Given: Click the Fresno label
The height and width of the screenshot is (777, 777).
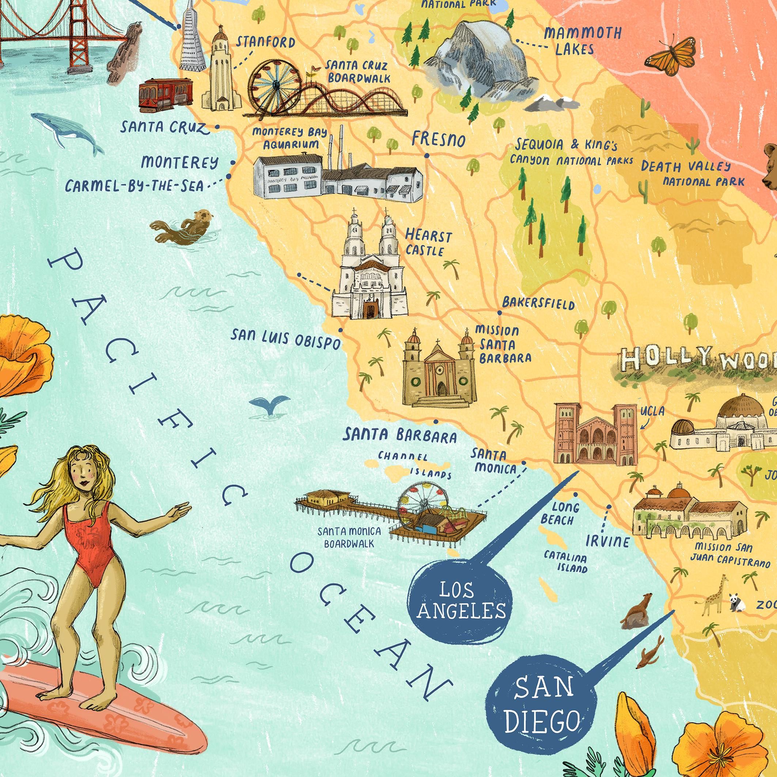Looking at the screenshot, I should pyautogui.click(x=438, y=140).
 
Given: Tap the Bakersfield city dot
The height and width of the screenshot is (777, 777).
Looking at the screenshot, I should pyautogui.click(x=500, y=312).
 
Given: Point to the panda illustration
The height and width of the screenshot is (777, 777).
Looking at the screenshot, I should pyautogui.click(x=738, y=603).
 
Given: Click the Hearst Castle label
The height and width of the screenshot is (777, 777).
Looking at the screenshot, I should pyautogui.click(x=428, y=243).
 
